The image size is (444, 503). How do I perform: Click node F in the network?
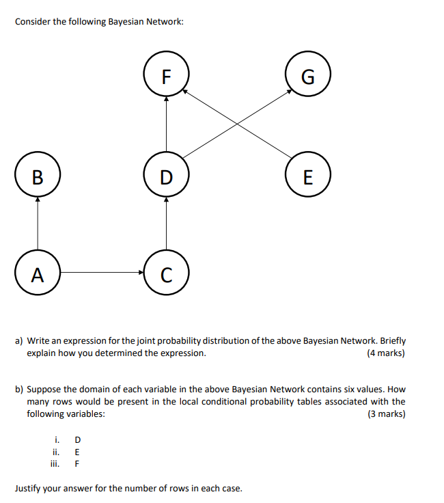[166, 75]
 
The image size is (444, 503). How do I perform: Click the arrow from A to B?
[38, 225]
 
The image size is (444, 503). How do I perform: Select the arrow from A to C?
[102, 273]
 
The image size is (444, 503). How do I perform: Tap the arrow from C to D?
[166, 225]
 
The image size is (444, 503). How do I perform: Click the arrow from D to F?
[166, 126]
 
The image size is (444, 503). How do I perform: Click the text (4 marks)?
[385, 353]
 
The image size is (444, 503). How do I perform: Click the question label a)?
[20, 340]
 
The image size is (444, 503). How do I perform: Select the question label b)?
[20, 389]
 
